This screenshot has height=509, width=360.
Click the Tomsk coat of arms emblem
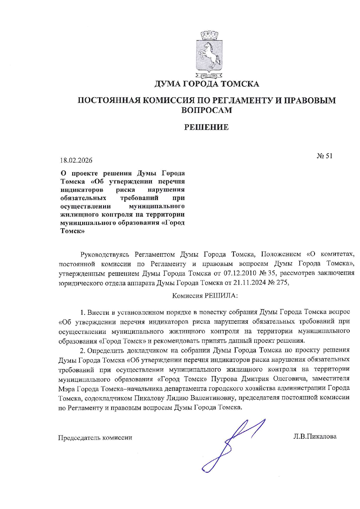(209, 55)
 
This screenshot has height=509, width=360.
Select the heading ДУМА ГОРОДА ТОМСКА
(206, 84)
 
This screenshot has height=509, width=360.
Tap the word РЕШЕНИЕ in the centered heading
(206, 127)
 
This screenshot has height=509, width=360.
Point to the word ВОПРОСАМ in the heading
(206, 110)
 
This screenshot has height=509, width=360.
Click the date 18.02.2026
(76, 160)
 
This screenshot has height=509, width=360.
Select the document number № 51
(324, 156)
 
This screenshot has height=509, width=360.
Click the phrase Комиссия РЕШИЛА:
(205, 296)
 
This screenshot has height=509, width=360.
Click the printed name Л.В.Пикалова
(315, 436)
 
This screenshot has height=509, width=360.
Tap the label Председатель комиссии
(95, 438)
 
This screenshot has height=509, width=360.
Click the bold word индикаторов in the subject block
(82, 190)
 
